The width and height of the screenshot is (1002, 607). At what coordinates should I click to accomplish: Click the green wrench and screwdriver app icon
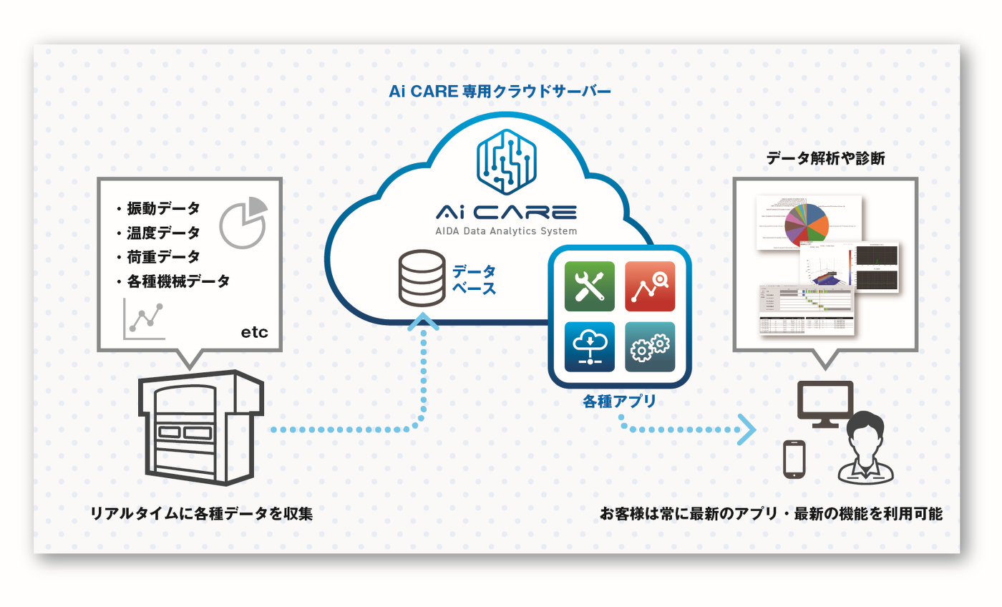click(x=589, y=286)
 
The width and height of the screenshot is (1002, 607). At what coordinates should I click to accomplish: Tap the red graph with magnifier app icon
click(x=650, y=286)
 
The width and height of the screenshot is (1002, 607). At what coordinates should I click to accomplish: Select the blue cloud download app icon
click(x=589, y=346)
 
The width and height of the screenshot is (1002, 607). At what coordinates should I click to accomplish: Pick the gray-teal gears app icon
click(x=650, y=346)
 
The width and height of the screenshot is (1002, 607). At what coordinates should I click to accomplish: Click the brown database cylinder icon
click(x=422, y=278)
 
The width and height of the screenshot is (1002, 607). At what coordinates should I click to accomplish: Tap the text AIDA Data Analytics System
click(x=506, y=231)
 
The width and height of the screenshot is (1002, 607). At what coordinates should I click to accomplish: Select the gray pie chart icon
click(x=243, y=222)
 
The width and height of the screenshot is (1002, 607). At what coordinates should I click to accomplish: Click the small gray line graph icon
click(x=144, y=319)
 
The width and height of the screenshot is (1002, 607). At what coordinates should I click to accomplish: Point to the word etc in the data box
click(x=255, y=332)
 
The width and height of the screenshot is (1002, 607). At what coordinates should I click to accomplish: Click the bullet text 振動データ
click(x=163, y=208)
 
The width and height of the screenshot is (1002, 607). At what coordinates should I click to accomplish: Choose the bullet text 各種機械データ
click(x=178, y=281)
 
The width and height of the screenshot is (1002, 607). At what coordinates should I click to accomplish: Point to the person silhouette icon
click(x=865, y=447)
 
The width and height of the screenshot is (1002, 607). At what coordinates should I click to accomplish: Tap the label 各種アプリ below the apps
click(x=619, y=402)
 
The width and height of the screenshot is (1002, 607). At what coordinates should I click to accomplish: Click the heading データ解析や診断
click(x=825, y=158)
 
